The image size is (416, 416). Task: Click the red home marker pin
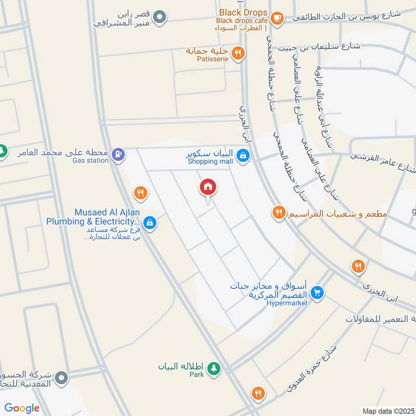pyautogui.click(x=208, y=188)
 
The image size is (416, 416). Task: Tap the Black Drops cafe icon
pyautogui.click(x=277, y=18)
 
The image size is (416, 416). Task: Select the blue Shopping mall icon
pyautogui.click(x=242, y=155)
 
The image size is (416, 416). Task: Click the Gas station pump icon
pyautogui.click(x=119, y=154)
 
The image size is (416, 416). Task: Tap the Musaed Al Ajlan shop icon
pyautogui.click(x=150, y=223)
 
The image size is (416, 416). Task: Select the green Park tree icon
pyautogui.click(x=214, y=369)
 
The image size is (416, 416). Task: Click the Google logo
pyautogui.click(x=22, y=408)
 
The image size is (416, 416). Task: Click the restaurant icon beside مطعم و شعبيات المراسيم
pyautogui.click(x=279, y=212)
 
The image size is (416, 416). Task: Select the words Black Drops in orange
pyautogui.click(x=243, y=12)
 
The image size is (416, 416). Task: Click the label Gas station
pyautogui.click(x=91, y=161)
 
